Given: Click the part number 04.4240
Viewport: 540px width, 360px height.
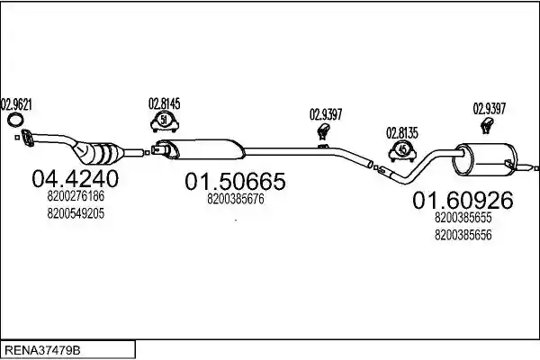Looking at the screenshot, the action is (75, 179).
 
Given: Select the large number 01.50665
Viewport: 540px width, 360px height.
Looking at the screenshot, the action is (235, 181).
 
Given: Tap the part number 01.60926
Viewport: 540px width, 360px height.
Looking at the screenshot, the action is (463, 200).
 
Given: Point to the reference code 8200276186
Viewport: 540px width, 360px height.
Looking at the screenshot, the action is (76, 196).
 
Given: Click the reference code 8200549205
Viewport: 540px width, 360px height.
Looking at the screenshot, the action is (76, 213).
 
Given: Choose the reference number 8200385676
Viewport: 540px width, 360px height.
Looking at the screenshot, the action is (236, 199).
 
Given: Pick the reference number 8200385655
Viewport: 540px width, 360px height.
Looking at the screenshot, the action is (463, 218).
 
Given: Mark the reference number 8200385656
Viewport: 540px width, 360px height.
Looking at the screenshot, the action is (463, 235).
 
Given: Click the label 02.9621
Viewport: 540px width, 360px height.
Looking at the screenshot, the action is (16, 104).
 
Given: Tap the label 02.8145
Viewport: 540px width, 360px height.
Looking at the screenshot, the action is (165, 103).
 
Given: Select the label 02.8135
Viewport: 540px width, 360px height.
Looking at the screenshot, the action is (402, 133).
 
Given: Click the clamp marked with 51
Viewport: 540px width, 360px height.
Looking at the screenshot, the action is (164, 122).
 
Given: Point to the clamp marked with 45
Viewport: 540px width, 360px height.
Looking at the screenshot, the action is (402, 151).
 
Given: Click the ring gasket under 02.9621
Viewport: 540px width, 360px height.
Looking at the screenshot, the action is (9, 119).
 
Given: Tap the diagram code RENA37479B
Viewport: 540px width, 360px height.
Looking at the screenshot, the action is (43, 350).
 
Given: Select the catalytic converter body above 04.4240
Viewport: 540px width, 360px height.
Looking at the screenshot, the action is (98, 153).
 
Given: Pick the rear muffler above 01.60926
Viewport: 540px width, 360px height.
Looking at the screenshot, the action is (486, 158).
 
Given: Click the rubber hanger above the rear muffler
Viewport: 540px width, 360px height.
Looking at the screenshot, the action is (487, 125).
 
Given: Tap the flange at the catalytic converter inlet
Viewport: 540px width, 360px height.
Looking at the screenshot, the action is (28, 138).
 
